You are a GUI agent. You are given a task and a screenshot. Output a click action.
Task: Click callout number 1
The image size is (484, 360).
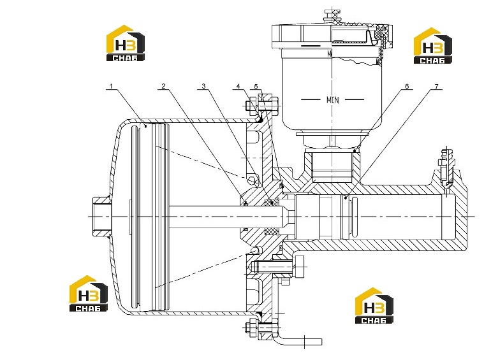pos(112,86)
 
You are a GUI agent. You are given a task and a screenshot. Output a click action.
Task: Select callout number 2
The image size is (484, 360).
pos(164,86)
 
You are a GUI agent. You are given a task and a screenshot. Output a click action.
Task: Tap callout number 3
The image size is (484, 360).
pos(203,86)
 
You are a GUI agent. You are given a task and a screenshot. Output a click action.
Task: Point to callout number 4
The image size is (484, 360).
pos(238,86)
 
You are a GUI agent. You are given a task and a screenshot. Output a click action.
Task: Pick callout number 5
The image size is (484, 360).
pos(256,86)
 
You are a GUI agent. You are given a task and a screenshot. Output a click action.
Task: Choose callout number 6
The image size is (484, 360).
pos(407,86)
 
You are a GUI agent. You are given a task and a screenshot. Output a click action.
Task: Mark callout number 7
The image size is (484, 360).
pos(436,86)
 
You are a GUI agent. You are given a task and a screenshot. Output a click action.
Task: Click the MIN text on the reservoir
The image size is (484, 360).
pos(333,99)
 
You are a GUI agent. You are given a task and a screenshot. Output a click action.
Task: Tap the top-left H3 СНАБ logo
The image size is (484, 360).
pos(126,43)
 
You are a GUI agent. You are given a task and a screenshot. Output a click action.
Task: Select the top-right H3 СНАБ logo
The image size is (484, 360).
pos(433,46)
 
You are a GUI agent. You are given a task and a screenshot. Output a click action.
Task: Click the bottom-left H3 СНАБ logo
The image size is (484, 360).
pos(89,293)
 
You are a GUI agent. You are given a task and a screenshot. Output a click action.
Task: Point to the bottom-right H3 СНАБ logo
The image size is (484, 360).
pos(374,305)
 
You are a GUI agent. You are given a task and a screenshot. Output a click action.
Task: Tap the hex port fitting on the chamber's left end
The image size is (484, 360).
pos(101,216)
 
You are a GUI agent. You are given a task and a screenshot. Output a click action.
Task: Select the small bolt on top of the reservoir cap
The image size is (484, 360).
pos(332,16)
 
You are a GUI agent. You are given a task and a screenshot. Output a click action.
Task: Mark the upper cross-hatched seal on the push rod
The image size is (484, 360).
pos(272,202)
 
